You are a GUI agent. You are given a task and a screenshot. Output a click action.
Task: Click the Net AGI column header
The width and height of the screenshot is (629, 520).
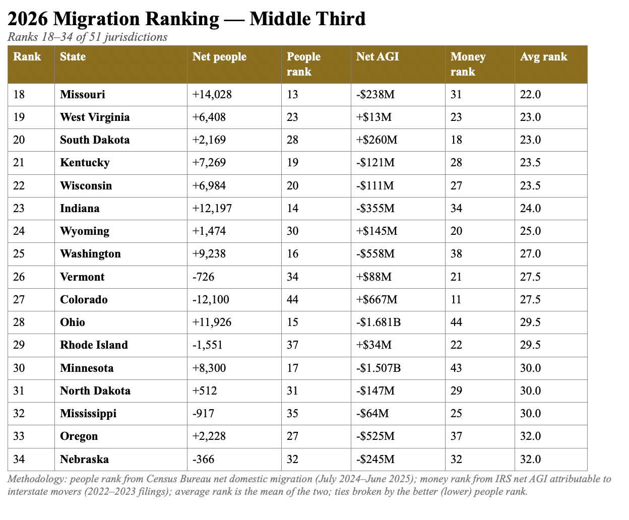[x=377, y=56]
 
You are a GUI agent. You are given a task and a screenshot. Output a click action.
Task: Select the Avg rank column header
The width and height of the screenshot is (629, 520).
[x=543, y=56]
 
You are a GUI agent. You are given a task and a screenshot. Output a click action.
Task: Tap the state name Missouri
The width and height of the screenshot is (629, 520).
[x=83, y=95]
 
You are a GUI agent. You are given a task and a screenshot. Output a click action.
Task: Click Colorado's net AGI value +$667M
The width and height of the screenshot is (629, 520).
[x=376, y=299]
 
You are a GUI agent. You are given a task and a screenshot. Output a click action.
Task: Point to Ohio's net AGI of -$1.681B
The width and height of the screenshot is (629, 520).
[x=379, y=322]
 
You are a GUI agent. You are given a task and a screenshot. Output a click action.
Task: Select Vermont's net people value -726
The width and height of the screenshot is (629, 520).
[x=203, y=277]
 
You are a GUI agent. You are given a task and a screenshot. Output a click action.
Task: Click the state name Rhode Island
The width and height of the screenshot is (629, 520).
[x=94, y=345]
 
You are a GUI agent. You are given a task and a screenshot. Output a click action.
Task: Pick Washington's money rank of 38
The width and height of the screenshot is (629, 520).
[x=456, y=253]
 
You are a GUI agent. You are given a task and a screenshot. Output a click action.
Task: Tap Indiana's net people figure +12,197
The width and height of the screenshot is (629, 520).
[x=212, y=208]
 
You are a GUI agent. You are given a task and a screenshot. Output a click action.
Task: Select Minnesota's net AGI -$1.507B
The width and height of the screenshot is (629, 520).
[x=379, y=368]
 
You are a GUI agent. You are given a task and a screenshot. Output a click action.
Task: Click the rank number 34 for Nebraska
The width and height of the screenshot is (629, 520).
[x=19, y=459]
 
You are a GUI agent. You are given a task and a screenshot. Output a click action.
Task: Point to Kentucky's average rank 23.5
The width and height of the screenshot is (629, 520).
[x=530, y=162]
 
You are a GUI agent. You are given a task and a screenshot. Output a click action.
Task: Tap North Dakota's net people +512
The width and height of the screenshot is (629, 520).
[x=205, y=391]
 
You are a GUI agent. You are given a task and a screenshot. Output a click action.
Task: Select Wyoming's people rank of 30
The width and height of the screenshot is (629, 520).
[x=292, y=231]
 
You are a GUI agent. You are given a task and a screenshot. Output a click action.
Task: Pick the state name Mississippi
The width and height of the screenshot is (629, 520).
[x=88, y=414]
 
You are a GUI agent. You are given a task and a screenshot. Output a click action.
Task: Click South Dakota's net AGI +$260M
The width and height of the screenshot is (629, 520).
[x=376, y=140]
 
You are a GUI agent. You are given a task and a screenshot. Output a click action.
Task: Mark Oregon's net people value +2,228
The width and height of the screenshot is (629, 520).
[x=209, y=436]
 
